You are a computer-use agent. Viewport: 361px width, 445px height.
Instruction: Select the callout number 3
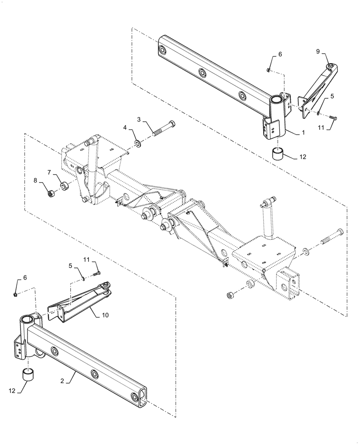click(139, 120)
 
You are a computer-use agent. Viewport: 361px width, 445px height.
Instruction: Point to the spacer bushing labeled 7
click(64, 185)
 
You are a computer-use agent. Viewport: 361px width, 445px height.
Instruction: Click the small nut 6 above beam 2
click(15, 295)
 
